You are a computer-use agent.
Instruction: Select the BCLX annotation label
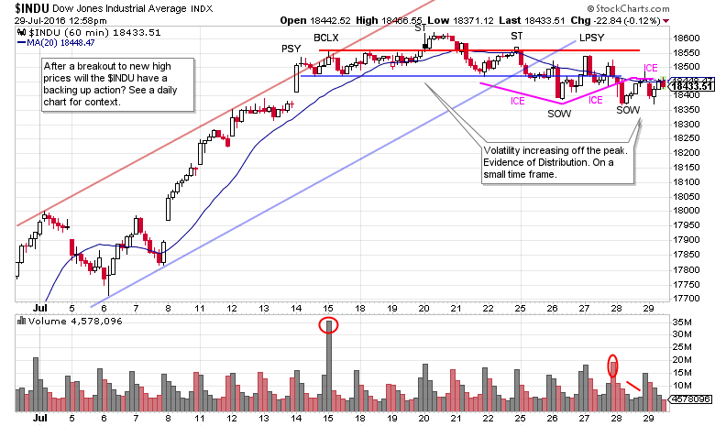[327, 38]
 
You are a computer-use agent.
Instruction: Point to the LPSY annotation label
[591, 38]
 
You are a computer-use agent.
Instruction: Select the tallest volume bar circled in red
[327, 366]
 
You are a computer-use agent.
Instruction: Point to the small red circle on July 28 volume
[613, 366]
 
